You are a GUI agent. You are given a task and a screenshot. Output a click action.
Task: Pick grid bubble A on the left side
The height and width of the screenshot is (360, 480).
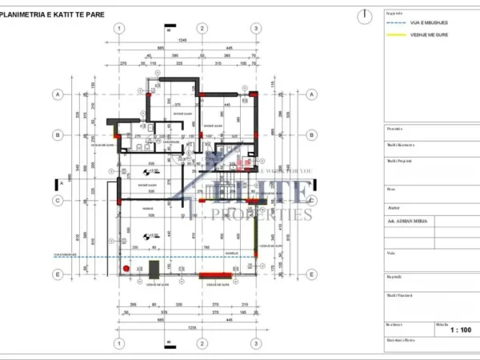(x=57, y=94)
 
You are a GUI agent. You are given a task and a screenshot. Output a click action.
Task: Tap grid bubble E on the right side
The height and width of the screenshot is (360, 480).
(x=313, y=274)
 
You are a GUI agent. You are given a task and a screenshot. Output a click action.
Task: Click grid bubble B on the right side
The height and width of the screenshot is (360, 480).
(x=313, y=135)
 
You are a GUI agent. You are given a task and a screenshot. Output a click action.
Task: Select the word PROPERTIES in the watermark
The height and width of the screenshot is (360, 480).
(x=256, y=215)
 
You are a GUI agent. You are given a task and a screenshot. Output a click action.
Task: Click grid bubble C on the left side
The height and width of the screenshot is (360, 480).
(x=57, y=200)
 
